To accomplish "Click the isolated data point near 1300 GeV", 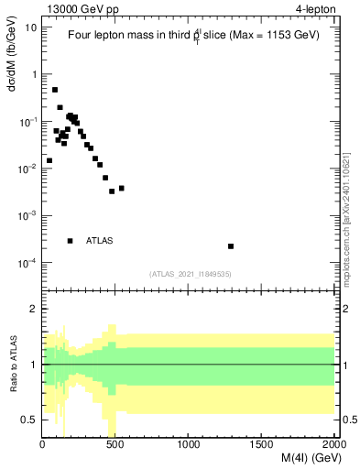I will click(231, 246).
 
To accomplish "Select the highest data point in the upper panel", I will click(55, 90).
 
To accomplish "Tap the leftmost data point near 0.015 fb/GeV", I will click(49, 160).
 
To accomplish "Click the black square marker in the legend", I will click(70, 241).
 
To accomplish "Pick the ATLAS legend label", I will click(100, 241).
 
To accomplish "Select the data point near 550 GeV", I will click(121, 189).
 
